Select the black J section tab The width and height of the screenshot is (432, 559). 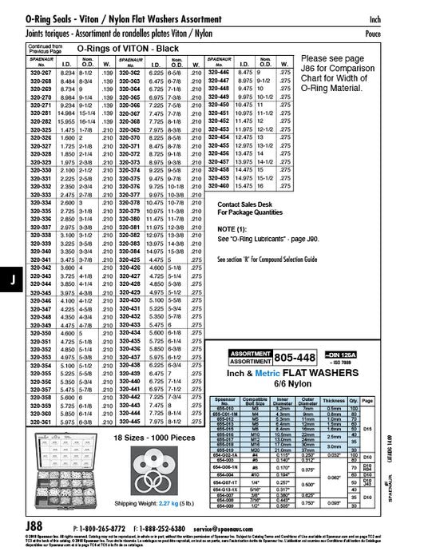[10, 279]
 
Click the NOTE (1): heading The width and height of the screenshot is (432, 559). [232, 229]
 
